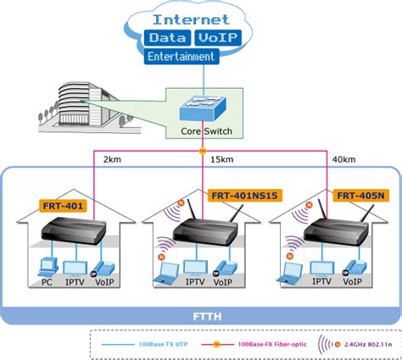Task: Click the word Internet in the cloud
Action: [190, 18]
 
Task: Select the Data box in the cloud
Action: [167, 38]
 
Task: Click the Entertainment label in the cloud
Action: [181, 56]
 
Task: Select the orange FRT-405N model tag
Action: [360, 196]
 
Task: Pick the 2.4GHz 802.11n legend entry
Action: [365, 346]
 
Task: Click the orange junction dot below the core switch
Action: [202, 152]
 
